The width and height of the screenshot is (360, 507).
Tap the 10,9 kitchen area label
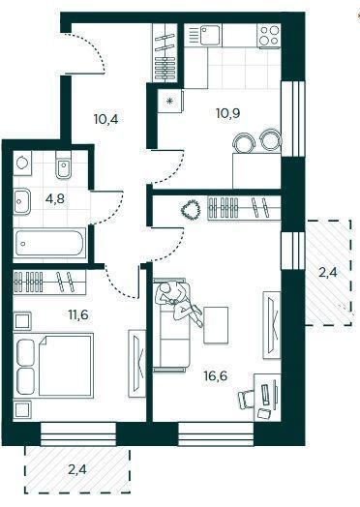click(x=228, y=112)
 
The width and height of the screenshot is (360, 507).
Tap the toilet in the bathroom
click(x=64, y=167)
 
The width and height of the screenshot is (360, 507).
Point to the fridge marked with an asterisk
click(x=170, y=102)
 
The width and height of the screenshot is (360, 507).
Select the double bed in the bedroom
click(x=53, y=366)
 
